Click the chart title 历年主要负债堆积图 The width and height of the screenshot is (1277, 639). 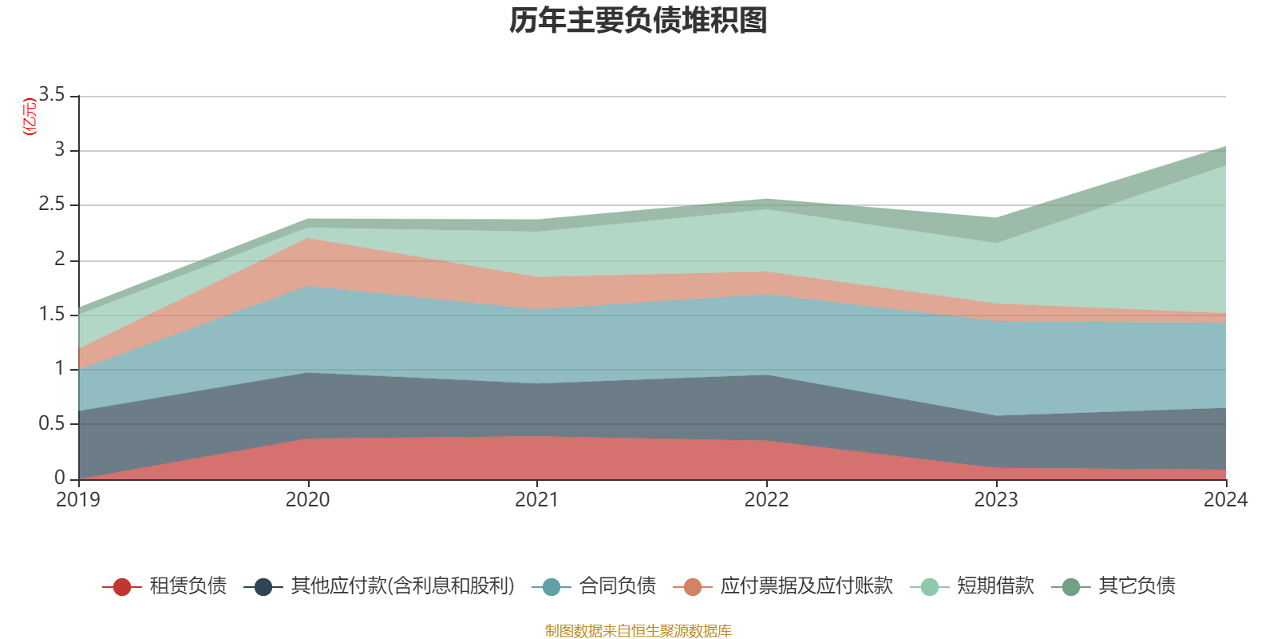pyautogui.click(x=638, y=21)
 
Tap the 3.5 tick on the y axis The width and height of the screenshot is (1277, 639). pyautogui.click(x=52, y=95)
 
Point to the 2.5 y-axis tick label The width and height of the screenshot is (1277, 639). pyautogui.click(x=52, y=204)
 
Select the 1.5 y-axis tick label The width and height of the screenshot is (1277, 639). pyautogui.click(x=52, y=314)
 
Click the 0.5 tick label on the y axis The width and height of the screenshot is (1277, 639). pyautogui.click(x=52, y=423)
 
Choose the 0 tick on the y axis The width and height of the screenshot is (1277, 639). pyautogui.click(x=60, y=478)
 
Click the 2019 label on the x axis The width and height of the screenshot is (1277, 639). pyautogui.click(x=78, y=500)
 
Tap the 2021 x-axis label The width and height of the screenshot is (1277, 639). pyautogui.click(x=537, y=500)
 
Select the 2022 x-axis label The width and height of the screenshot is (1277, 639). pyautogui.click(x=766, y=500)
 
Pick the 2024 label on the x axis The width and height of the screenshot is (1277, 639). pyautogui.click(x=1225, y=500)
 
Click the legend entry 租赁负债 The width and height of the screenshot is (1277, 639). pyautogui.click(x=188, y=586)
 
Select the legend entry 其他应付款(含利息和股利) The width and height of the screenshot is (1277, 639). pyautogui.click(x=402, y=586)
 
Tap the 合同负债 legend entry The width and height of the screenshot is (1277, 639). pyautogui.click(x=617, y=586)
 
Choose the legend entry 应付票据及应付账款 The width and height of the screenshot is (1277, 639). pyautogui.click(x=806, y=586)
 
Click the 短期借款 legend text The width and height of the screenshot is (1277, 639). pyautogui.click(x=995, y=586)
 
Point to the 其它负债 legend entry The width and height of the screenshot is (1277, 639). pyautogui.click(x=1137, y=586)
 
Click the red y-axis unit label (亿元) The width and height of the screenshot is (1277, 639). pyautogui.click(x=29, y=117)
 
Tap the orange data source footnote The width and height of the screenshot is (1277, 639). pyautogui.click(x=638, y=631)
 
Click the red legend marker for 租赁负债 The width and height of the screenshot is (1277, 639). pyautogui.click(x=121, y=587)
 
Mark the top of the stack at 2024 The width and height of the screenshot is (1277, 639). pyautogui.click(x=1225, y=146)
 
